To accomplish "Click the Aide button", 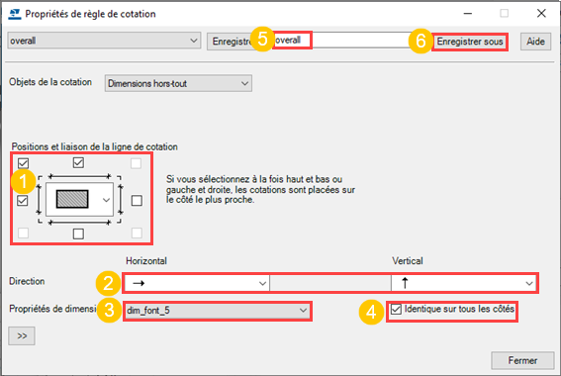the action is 535,42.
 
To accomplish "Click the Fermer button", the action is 522,360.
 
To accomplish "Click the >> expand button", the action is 22,336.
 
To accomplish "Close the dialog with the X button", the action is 541,14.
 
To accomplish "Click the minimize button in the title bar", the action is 468,14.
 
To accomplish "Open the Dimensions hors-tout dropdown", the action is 178,83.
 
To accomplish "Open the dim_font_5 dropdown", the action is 217,311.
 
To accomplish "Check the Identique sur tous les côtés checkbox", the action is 396,309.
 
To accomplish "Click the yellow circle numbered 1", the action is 24,181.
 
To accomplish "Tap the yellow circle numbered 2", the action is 108,283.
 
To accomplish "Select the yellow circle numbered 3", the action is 109,310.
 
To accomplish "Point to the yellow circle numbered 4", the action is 371,312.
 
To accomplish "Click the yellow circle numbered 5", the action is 262,39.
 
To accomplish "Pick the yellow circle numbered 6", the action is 421,41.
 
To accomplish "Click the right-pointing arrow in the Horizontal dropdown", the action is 139,283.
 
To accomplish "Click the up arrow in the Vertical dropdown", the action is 405,283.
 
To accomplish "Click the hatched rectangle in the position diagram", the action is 72,199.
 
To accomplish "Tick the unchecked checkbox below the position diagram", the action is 78,234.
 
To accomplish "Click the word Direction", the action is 27,281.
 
